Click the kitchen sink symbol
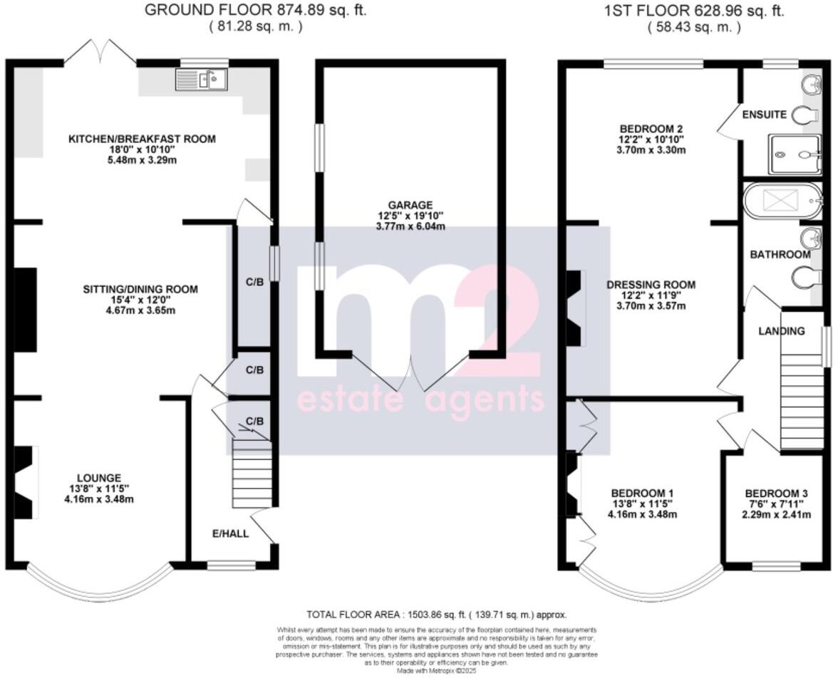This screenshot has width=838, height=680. [x=201, y=79]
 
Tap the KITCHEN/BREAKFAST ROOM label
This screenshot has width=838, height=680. [x=141, y=139]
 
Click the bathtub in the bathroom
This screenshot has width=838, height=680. [x=780, y=202]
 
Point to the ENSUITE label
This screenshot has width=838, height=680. [x=764, y=115]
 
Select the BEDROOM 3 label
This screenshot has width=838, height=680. [x=776, y=493]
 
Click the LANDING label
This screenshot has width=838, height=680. [x=781, y=331]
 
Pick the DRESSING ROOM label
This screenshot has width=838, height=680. [x=651, y=285]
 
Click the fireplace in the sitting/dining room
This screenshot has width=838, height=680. [x=26, y=309]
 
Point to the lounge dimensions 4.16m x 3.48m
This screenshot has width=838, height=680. [x=99, y=499]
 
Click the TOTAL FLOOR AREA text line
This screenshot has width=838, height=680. [x=436, y=614]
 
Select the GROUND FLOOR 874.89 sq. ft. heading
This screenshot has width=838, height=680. [x=256, y=11]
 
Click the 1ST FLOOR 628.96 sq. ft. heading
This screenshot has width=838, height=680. [x=693, y=11]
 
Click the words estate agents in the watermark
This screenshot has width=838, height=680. [x=420, y=401]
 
